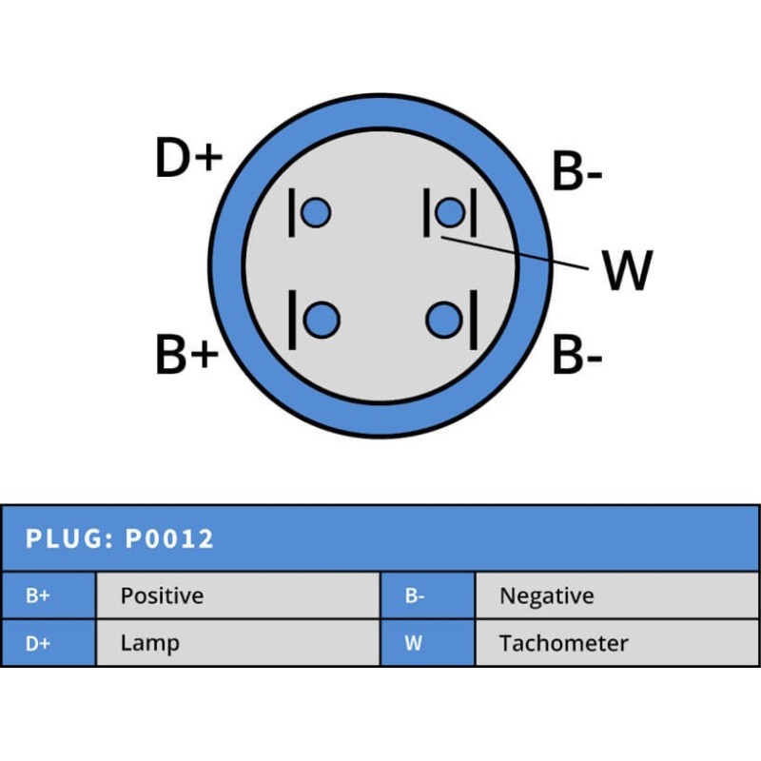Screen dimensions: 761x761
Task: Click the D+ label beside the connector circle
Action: (188, 159)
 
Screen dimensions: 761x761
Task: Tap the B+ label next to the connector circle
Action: (187, 355)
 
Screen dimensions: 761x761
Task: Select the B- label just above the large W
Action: (577, 172)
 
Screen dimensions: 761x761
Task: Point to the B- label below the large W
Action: (577, 356)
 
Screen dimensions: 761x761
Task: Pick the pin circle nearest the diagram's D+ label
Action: (315, 213)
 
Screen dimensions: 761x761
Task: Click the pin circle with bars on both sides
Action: (450, 213)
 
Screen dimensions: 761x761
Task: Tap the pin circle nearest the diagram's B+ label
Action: (323, 319)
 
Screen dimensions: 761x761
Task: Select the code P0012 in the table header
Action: (170, 539)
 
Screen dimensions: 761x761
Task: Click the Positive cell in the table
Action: (162, 596)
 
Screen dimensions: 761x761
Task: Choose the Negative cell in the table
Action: (546, 596)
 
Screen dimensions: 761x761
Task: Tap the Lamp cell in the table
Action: (149, 643)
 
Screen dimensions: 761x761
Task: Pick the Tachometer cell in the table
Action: (563, 643)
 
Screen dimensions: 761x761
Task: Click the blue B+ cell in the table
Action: (38, 596)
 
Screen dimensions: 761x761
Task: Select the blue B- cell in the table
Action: (415, 596)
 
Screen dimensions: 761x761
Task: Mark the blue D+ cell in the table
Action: (38, 643)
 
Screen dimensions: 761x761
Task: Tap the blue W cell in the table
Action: (413, 643)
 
